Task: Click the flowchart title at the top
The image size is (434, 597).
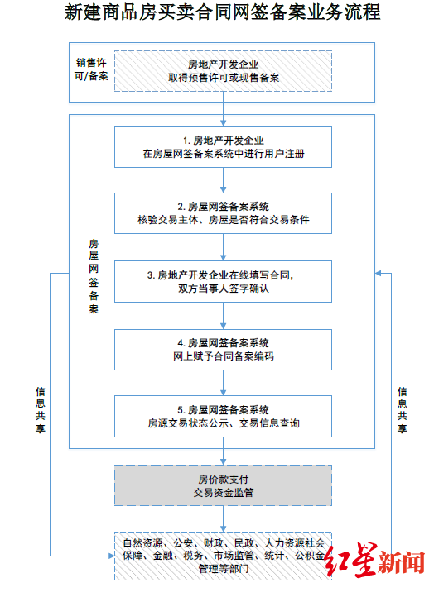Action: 223,12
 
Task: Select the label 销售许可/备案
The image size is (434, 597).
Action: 91,69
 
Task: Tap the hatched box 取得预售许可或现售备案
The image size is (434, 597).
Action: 223,71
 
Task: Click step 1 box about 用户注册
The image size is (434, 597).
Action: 223,147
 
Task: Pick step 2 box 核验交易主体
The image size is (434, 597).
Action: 223,213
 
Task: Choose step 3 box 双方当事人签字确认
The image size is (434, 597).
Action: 223,282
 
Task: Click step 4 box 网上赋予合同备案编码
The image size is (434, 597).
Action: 223,350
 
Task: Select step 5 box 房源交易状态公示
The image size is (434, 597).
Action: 223,416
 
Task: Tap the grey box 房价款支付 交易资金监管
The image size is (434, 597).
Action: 223,485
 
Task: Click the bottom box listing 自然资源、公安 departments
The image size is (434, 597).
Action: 223,556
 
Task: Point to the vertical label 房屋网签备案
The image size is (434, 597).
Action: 94,276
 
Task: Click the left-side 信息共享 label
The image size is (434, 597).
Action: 41,410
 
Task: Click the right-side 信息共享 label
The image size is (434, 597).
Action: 403,410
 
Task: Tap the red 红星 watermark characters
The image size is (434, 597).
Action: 351,560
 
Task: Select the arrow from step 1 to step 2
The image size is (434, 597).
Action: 223,180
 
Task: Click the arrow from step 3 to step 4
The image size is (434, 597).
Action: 223,316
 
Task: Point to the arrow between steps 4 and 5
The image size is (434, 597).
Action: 223,383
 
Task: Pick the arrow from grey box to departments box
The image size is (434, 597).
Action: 223,519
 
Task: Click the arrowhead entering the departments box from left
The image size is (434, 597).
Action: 111,556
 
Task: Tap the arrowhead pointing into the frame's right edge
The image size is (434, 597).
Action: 378,274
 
